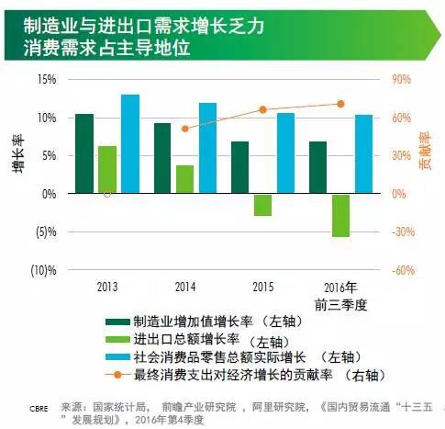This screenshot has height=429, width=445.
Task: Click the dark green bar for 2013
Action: click(84, 153)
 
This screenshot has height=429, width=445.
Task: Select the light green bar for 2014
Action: click(185, 179)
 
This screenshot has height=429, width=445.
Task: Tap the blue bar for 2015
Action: click(285, 153)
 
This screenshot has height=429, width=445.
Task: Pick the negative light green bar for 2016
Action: click(341, 215)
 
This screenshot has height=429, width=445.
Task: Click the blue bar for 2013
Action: click(130, 144)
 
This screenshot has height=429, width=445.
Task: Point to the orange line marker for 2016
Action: click(340, 104)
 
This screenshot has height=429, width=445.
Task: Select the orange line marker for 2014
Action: click(185, 129)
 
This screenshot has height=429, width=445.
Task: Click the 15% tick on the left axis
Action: click(47, 79)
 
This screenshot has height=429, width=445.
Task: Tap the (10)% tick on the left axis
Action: click(44, 270)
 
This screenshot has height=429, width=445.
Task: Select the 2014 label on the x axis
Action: click(185, 286)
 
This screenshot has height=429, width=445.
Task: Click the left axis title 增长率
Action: click(17, 155)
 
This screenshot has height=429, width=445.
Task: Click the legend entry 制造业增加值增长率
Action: click(194, 322)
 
